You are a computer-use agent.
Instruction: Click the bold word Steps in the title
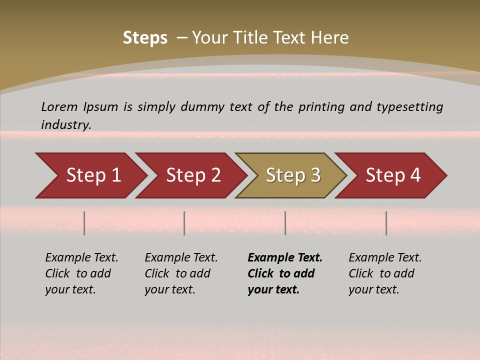[145, 38]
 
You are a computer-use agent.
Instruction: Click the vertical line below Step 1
[84, 223]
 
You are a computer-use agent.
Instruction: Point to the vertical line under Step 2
[184, 223]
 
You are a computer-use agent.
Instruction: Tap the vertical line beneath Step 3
[285, 223]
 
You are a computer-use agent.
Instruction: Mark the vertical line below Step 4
[386, 223]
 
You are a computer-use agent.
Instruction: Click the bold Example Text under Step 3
[285, 257]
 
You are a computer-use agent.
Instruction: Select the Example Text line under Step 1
[81, 257]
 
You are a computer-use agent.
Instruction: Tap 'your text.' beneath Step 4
[373, 289]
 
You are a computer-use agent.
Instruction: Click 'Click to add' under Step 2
[177, 273]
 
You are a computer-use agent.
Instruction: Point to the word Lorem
[59, 106]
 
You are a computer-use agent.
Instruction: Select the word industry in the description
[66, 124]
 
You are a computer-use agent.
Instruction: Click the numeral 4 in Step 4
[415, 175]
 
